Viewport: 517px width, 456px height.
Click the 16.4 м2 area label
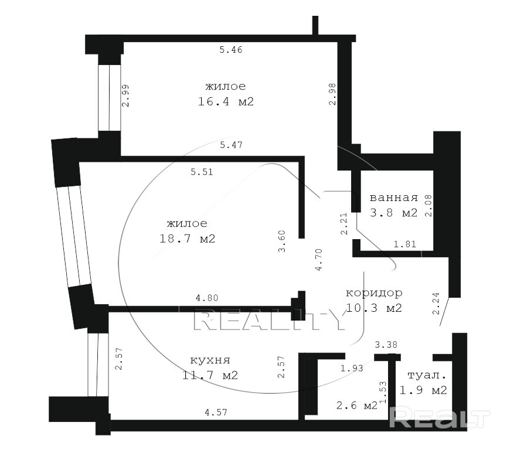[x=226, y=101]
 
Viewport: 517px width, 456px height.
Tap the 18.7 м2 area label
[x=188, y=239]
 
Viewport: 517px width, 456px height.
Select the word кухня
[x=210, y=360]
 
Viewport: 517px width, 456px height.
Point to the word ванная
[x=394, y=198]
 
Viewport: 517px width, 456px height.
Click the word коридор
[x=374, y=293]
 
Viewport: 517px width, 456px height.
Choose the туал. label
[x=427, y=375]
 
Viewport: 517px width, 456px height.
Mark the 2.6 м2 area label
[x=357, y=405]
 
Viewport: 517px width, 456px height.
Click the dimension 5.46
[x=231, y=50]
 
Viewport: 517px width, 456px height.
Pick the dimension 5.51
[x=202, y=172]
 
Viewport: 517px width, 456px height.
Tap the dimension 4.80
[x=207, y=298]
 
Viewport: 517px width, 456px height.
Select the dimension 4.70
[x=318, y=260]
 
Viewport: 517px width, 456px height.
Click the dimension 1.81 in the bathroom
[x=405, y=244]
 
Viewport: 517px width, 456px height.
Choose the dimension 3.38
[x=386, y=345]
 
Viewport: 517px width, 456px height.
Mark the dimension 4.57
[x=216, y=412]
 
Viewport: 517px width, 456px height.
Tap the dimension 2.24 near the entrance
[x=436, y=304]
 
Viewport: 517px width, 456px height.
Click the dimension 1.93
[x=352, y=368]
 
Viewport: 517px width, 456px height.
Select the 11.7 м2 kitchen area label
[x=210, y=375]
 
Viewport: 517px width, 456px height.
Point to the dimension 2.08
[x=428, y=205]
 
